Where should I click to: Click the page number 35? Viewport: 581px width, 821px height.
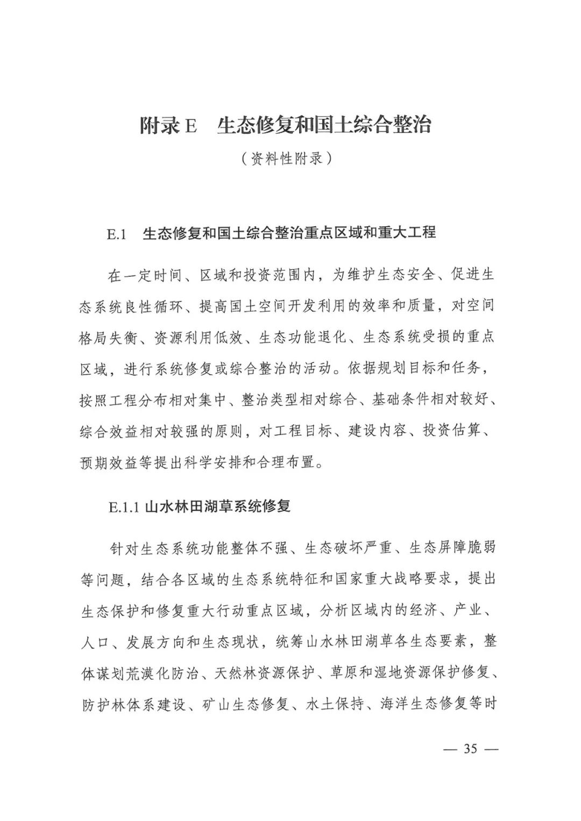470,749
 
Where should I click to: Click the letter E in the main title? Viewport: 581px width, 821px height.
190,126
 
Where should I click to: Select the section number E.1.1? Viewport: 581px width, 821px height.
124,507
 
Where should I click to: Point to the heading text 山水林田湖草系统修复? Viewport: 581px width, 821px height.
218,506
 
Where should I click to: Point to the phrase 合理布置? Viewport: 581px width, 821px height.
292,462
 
